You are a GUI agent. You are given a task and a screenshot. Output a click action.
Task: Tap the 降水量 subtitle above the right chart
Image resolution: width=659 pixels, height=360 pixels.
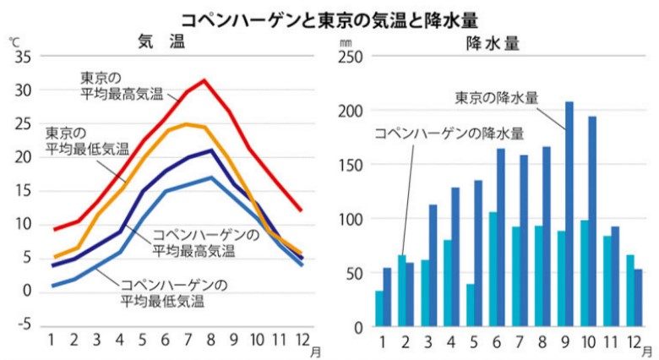tap(492, 42)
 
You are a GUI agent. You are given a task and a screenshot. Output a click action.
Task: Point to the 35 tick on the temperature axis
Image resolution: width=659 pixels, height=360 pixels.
tap(23, 57)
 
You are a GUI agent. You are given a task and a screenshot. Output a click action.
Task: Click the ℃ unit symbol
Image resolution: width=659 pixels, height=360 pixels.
tap(14, 41)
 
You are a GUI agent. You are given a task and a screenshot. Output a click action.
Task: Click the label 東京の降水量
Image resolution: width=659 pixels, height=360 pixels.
tap(496, 98)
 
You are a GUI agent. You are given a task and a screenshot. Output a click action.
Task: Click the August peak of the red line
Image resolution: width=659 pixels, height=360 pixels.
tap(204, 80)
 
